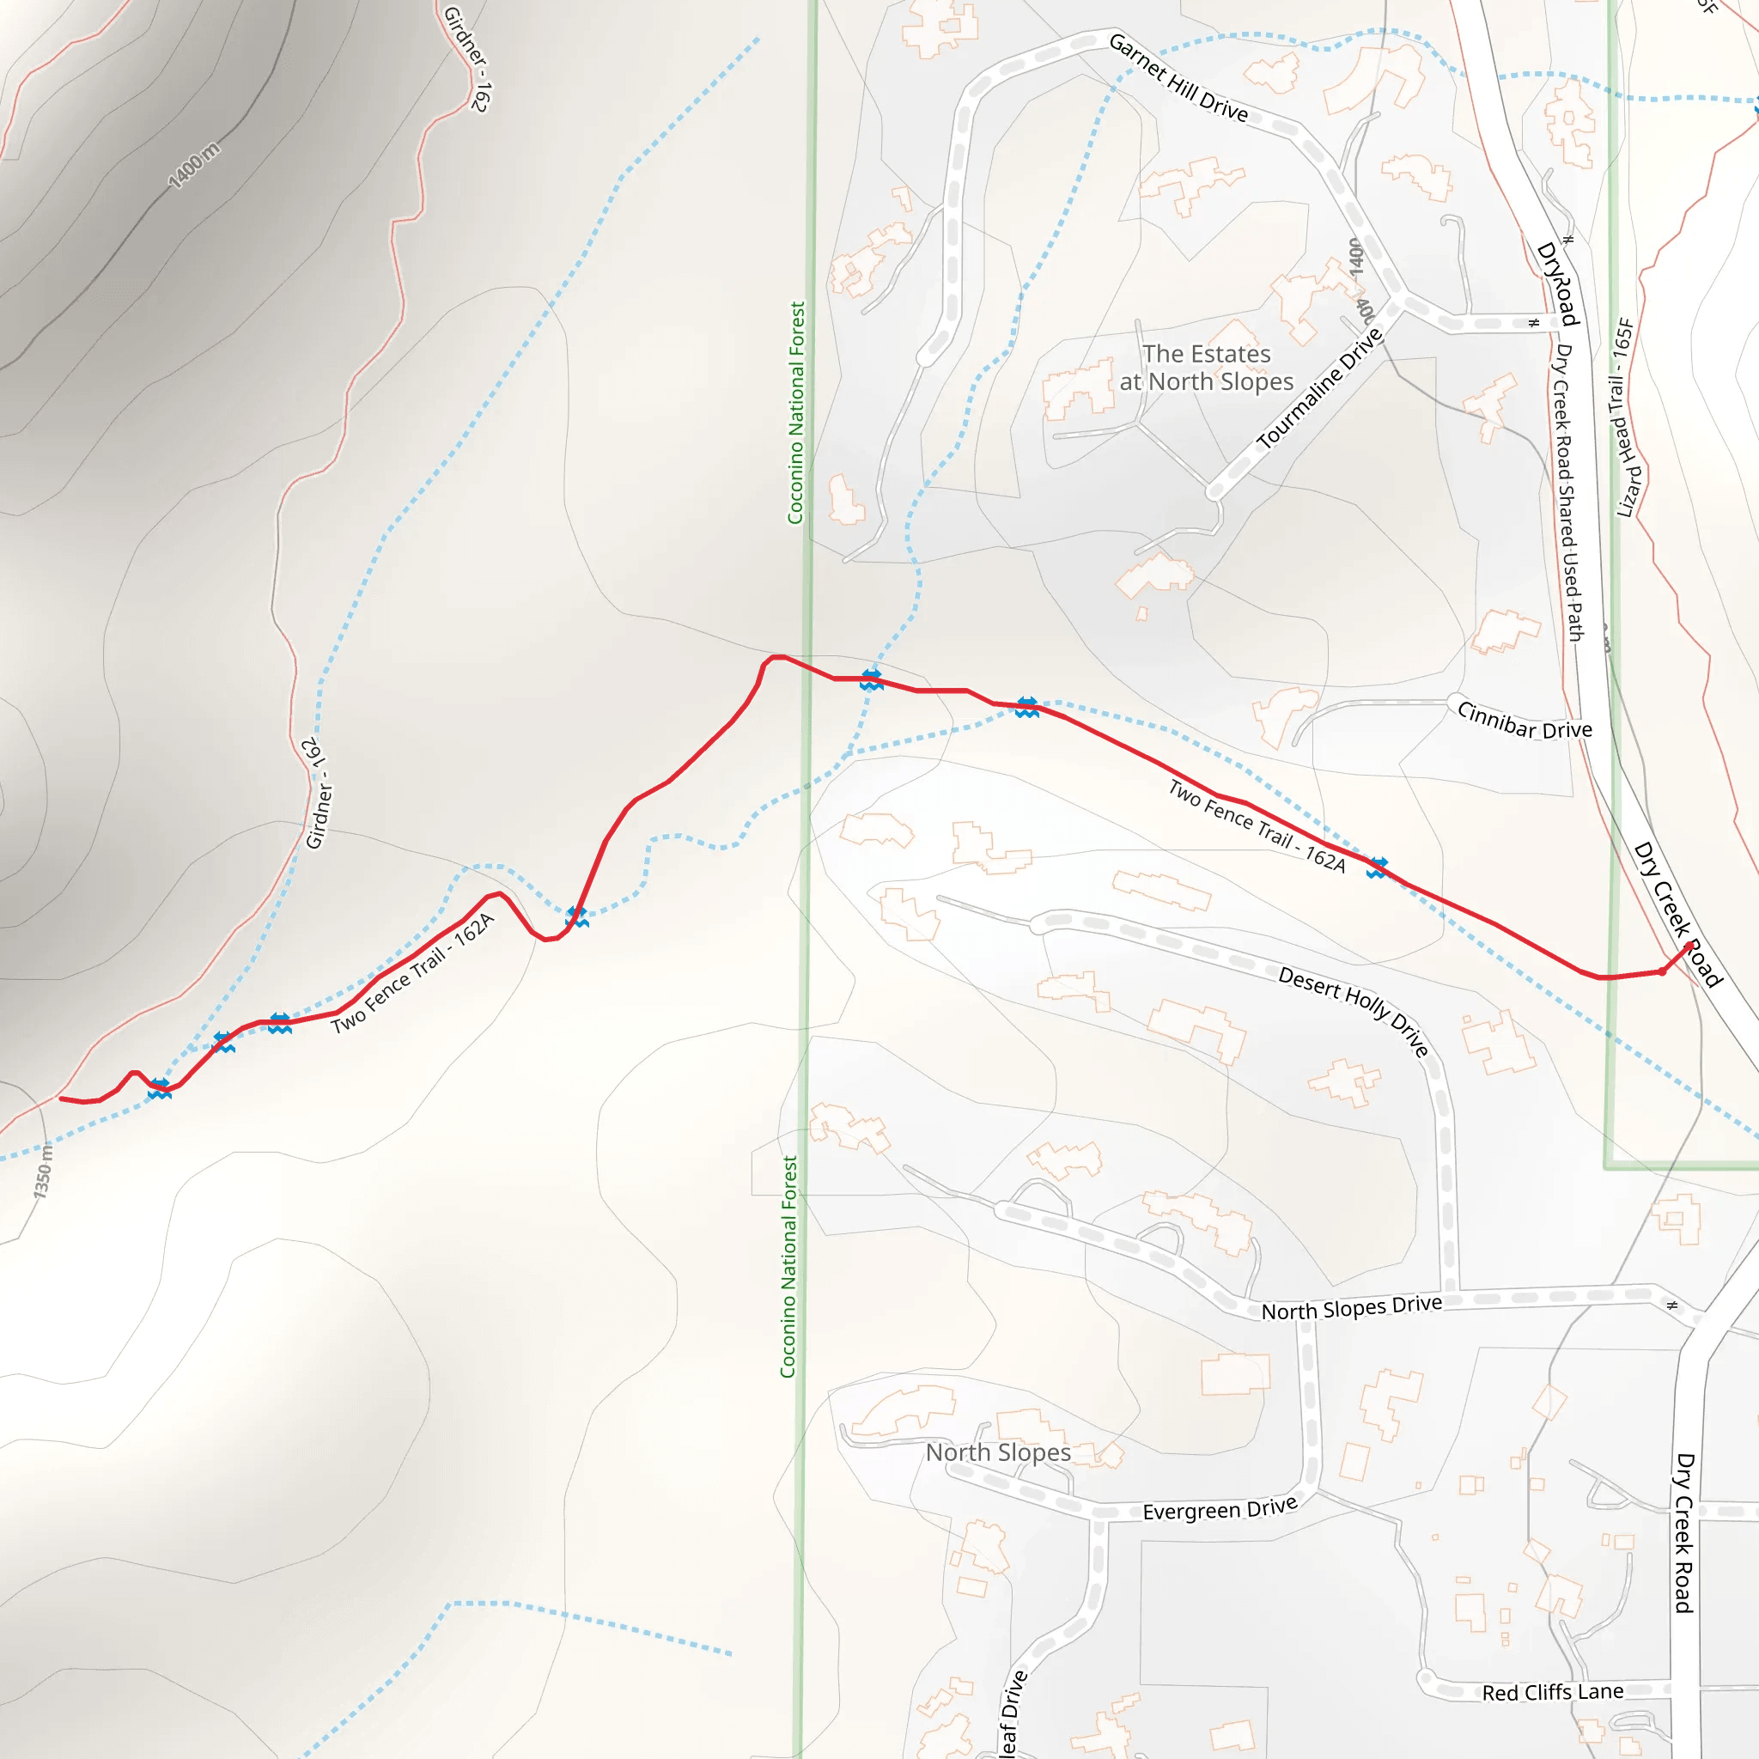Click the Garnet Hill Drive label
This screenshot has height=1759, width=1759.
pyautogui.click(x=1178, y=77)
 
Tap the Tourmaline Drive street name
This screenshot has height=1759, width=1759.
pyautogui.click(x=1320, y=389)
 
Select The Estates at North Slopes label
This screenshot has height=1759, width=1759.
pyautogui.click(x=1207, y=367)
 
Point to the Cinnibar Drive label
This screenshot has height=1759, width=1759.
pyautogui.click(x=1525, y=720)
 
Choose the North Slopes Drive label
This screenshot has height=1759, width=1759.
pyautogui.click(x=1351, y=1307)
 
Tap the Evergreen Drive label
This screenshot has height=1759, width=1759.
pyautogui.click(x=1219, y=1508)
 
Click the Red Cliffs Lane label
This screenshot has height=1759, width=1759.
pyautogui.click(x=1552, y=1693)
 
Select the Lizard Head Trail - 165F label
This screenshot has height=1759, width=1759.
pyautogui.click(x=1626, y=418)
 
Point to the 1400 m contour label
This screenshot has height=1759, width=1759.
pyautogui.click(x=194, y=165)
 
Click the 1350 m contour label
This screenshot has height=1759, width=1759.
pyautogui.click(x=44, y=1171)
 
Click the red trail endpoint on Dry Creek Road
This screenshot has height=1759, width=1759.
pyautogui.click(x=1689, y=945)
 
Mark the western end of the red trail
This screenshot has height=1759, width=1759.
pyautogui.click(x=62, y=1099)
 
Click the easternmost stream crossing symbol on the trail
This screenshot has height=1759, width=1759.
pyautogui.click(x=1378, y=867)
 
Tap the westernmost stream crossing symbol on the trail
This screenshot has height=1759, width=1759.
pyautogui.click(x=160, y=1088)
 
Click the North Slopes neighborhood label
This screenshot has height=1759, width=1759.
pyautogui.click(x=998, y=1452)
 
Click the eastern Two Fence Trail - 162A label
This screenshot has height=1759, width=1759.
pyautogui.click(x=1257, y=825)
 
